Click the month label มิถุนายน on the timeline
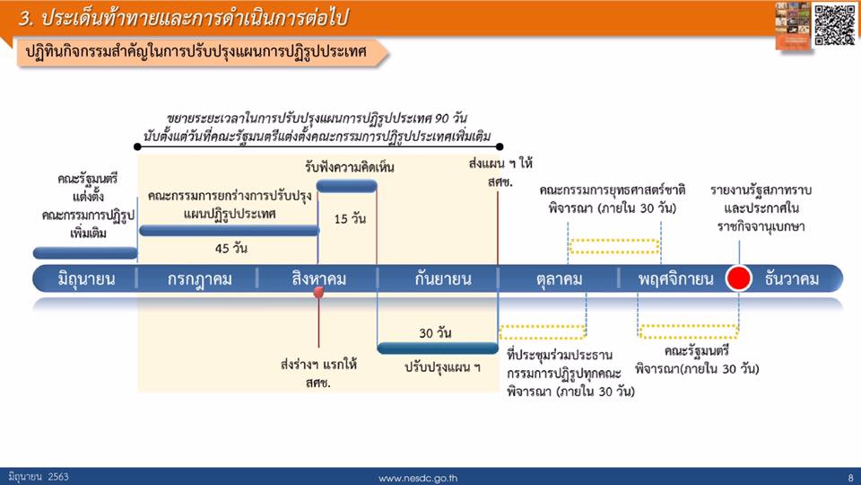(86, 279)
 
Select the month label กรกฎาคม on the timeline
(199, 279)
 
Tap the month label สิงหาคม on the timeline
(319, 279)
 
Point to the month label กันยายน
(442, 279)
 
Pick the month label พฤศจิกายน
(675, 279)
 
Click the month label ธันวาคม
(791, 279)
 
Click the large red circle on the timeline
(738, 278)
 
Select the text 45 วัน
(230, 249)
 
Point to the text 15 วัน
(350, 219)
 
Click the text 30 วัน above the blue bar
(435, 333)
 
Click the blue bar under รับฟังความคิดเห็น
(346, 186)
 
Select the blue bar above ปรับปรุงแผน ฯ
(438, 348)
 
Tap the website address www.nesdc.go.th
(417, 479)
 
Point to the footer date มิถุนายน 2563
(39, 477)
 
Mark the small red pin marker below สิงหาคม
(318, 293)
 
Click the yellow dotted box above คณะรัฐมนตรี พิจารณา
(689, 331)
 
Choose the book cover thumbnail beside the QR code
(793, 26)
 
